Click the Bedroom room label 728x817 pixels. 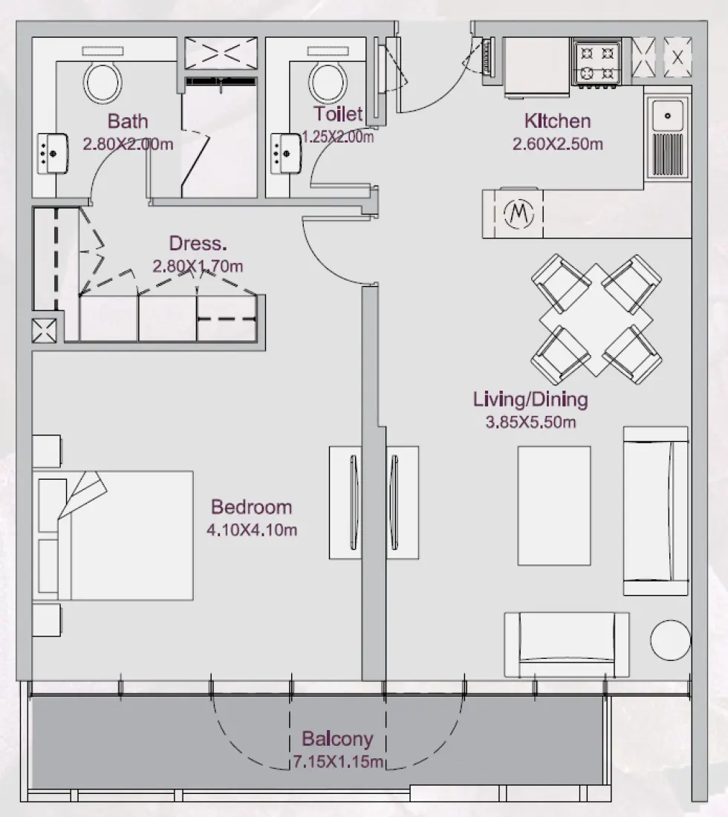(x=251, y=507)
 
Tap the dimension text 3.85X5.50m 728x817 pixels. (x=530, y=423)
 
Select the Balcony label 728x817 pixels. (x=337, y=739)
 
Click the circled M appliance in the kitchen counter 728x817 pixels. (x=519, y=214)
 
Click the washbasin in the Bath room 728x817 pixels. (x=50, y=152)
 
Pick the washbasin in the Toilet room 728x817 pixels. (x=283, y=152)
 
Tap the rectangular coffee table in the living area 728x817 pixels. (x=554, y=505)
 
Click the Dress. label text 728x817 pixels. (x=198, y=243)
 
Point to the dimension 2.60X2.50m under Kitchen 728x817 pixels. (x=557, y=144)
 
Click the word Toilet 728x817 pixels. (x=338, y=114)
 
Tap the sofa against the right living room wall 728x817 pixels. (x=655, y=510)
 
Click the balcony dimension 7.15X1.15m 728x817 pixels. (x=337, y=762)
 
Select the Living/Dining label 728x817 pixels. (x=530, y=400)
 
